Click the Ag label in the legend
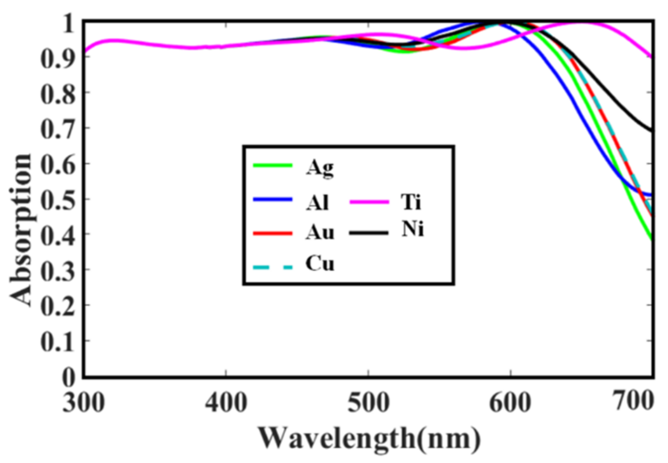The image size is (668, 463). (x=319, y=168)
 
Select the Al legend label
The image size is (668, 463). (x=317, y=202)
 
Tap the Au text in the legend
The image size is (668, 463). (x=319, y=233)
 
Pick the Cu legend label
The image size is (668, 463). (x=319, y=264)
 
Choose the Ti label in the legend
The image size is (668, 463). (x=411, y=202)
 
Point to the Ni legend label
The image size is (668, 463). (x=412, y=229)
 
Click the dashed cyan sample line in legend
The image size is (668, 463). (x=272, y=268)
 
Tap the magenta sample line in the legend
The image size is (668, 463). (x=369, y=202)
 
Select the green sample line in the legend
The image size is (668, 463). (x=272, y=166)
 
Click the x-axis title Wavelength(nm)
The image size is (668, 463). (x=369, y=439)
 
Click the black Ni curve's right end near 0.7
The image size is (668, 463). (x=650, y=130)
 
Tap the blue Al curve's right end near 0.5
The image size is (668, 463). (x=650, y=195)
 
